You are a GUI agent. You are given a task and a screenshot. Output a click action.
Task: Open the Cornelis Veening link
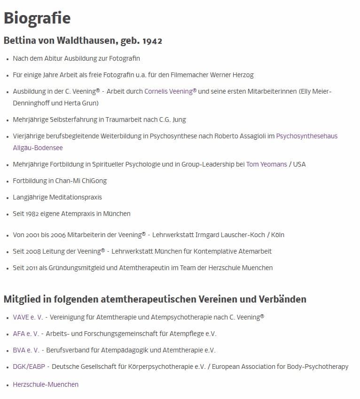click(x=168, y=91)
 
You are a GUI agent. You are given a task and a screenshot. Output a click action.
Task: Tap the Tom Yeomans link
click(x=266, y=164)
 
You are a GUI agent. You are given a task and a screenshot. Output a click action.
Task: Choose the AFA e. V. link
click(x=26, y=334)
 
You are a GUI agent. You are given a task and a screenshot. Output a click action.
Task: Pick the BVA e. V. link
click(x=26, y=350)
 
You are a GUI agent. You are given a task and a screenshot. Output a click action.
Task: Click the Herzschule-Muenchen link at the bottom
click(x=46, y=384)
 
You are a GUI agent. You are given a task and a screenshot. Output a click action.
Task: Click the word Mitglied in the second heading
click(x=23, y=299)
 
